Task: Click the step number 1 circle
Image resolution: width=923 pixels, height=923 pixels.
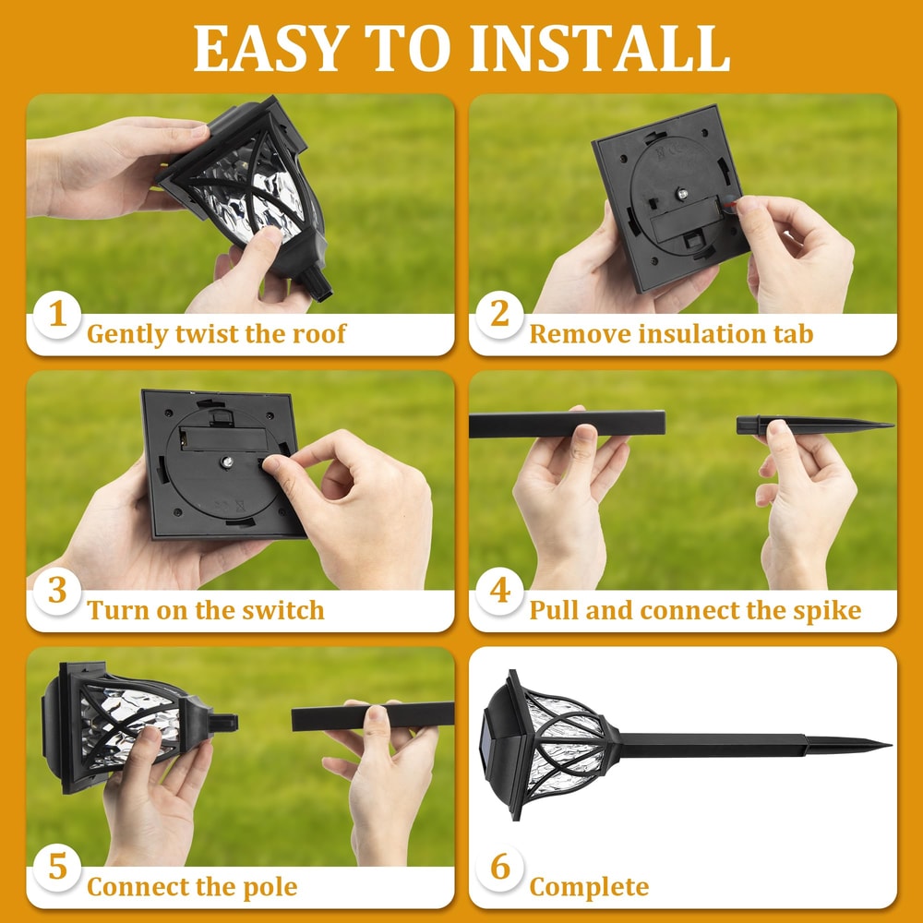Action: pyautogui.click(x=57, y=314)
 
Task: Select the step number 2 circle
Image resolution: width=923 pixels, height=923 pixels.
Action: pyautogui.click(x=499, y=314)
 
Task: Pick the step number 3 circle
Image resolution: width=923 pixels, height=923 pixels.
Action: pyautogui.click(x=57, y=591)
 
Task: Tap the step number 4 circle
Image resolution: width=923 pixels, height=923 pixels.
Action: pyautogui.click(x=499, y=591)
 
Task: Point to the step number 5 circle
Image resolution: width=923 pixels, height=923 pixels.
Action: pyautogui.click(x=57, y=868)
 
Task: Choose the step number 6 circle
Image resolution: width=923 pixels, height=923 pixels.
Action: pyautogui.click(x=499, y=868)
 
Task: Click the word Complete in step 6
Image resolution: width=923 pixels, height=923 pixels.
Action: pyautogui.click(x=589, y=888)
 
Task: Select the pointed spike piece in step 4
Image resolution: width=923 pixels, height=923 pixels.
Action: pyautogui.click(x=812, y=426)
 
